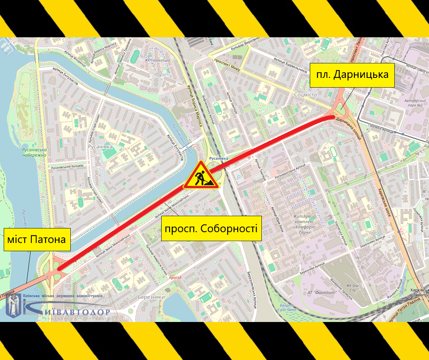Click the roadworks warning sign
(201, 176)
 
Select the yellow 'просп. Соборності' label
(211, 228)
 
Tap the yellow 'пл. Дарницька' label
(352, 75)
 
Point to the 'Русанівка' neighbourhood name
(100, 147)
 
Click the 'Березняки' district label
(151, 297)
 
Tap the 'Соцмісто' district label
(305, 95)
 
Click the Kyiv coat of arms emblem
(14, 305)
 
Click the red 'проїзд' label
(175, 278)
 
